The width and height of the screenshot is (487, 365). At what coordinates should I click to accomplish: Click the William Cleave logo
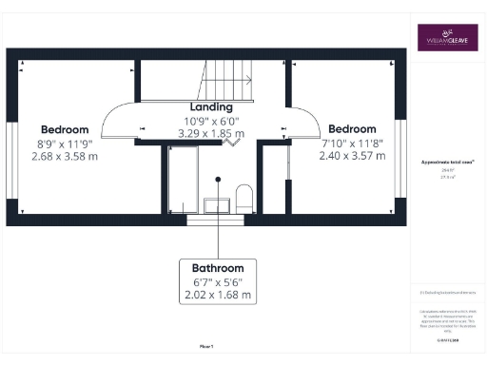[x=447, y=38]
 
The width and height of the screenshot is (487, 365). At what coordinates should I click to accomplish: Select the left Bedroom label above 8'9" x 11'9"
[x=65, y=129]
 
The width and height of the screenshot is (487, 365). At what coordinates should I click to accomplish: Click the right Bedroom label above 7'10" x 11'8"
[x=353, y=128]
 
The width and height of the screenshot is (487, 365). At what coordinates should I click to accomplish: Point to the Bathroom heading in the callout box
[x=218, y=268]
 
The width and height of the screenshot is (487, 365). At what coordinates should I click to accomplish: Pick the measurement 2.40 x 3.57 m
[x=352, y=155]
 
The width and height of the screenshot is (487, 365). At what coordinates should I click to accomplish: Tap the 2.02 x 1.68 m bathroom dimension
[x=218, y=296]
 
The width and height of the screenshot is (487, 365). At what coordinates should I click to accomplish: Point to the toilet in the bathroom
[x=243, y=199]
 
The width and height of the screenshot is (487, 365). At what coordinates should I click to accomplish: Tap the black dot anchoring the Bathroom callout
[x=218, y=178]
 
